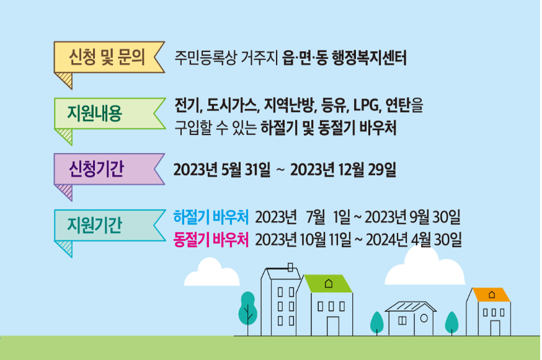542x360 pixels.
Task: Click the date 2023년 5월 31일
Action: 221,169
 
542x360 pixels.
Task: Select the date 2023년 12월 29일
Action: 342,169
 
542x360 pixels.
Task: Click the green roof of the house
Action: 328,284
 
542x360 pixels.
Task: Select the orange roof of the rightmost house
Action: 491,294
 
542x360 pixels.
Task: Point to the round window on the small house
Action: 424,318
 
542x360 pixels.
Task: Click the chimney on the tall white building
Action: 291,267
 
